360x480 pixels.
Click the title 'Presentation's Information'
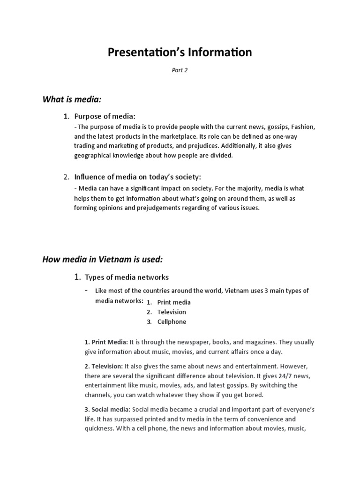point(180,52)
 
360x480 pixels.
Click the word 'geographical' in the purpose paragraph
point(93,155)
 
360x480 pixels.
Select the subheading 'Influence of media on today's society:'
point(137,177)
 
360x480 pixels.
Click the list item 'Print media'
point(174,302)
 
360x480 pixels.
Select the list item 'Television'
point(172,312)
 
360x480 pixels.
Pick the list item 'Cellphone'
point(172,322)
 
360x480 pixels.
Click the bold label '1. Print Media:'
point(106,342)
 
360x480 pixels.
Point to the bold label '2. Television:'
point(104,366)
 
